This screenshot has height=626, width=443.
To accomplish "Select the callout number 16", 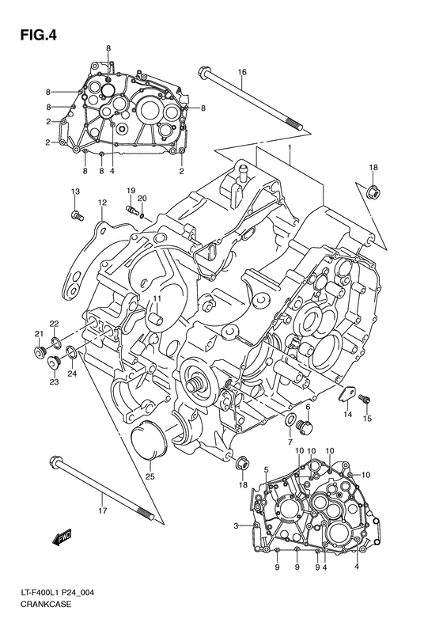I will pos(242,72).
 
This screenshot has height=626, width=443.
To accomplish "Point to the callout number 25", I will pos(150,476).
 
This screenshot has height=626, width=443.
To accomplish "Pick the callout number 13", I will pos(76,192).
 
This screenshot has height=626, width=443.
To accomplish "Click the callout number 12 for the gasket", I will pos(102,203).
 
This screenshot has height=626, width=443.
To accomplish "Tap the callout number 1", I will pos(290,148).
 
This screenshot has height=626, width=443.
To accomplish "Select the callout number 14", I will pos(347,414).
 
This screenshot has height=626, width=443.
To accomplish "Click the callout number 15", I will pos(366,420).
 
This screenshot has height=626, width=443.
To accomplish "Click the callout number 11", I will pos(157,298).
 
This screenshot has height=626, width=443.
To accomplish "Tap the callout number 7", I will pos(290,441).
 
